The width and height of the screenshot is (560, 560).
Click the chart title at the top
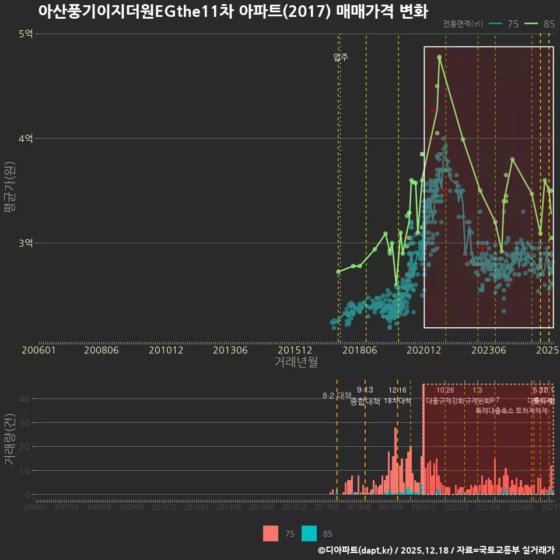point(233,12)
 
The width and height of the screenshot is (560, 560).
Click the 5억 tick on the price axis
point(26,34)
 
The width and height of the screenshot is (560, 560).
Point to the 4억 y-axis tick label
point(26,139)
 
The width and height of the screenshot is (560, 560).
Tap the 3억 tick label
point(26,243)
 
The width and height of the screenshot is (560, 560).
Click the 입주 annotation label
point(341,57)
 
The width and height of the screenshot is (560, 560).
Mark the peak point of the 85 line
point(439,57)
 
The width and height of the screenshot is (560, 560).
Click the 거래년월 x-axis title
point(296,362)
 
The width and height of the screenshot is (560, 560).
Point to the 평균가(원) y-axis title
point(10,188)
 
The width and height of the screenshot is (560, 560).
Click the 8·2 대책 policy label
point(337,395)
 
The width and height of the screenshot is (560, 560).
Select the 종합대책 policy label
point(365,401)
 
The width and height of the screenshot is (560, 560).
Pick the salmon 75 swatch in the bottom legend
point(271,533)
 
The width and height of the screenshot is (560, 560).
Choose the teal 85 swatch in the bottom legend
point(309,533)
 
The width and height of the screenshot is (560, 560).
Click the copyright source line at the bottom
point(436,550)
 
